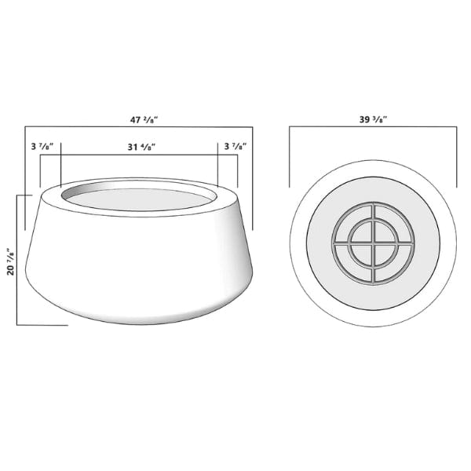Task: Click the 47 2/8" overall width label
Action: pos(143,119)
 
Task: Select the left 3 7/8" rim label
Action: pos(42,147)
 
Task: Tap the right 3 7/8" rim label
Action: pos(235,147)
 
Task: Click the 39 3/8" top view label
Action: pos(373,119)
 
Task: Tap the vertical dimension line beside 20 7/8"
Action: pos(17,259)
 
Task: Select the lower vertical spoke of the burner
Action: pos(373,271)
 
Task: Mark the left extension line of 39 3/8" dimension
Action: pos(290,157)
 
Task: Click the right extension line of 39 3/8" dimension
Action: pos(456,157)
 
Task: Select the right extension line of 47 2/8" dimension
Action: pos(254,177)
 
